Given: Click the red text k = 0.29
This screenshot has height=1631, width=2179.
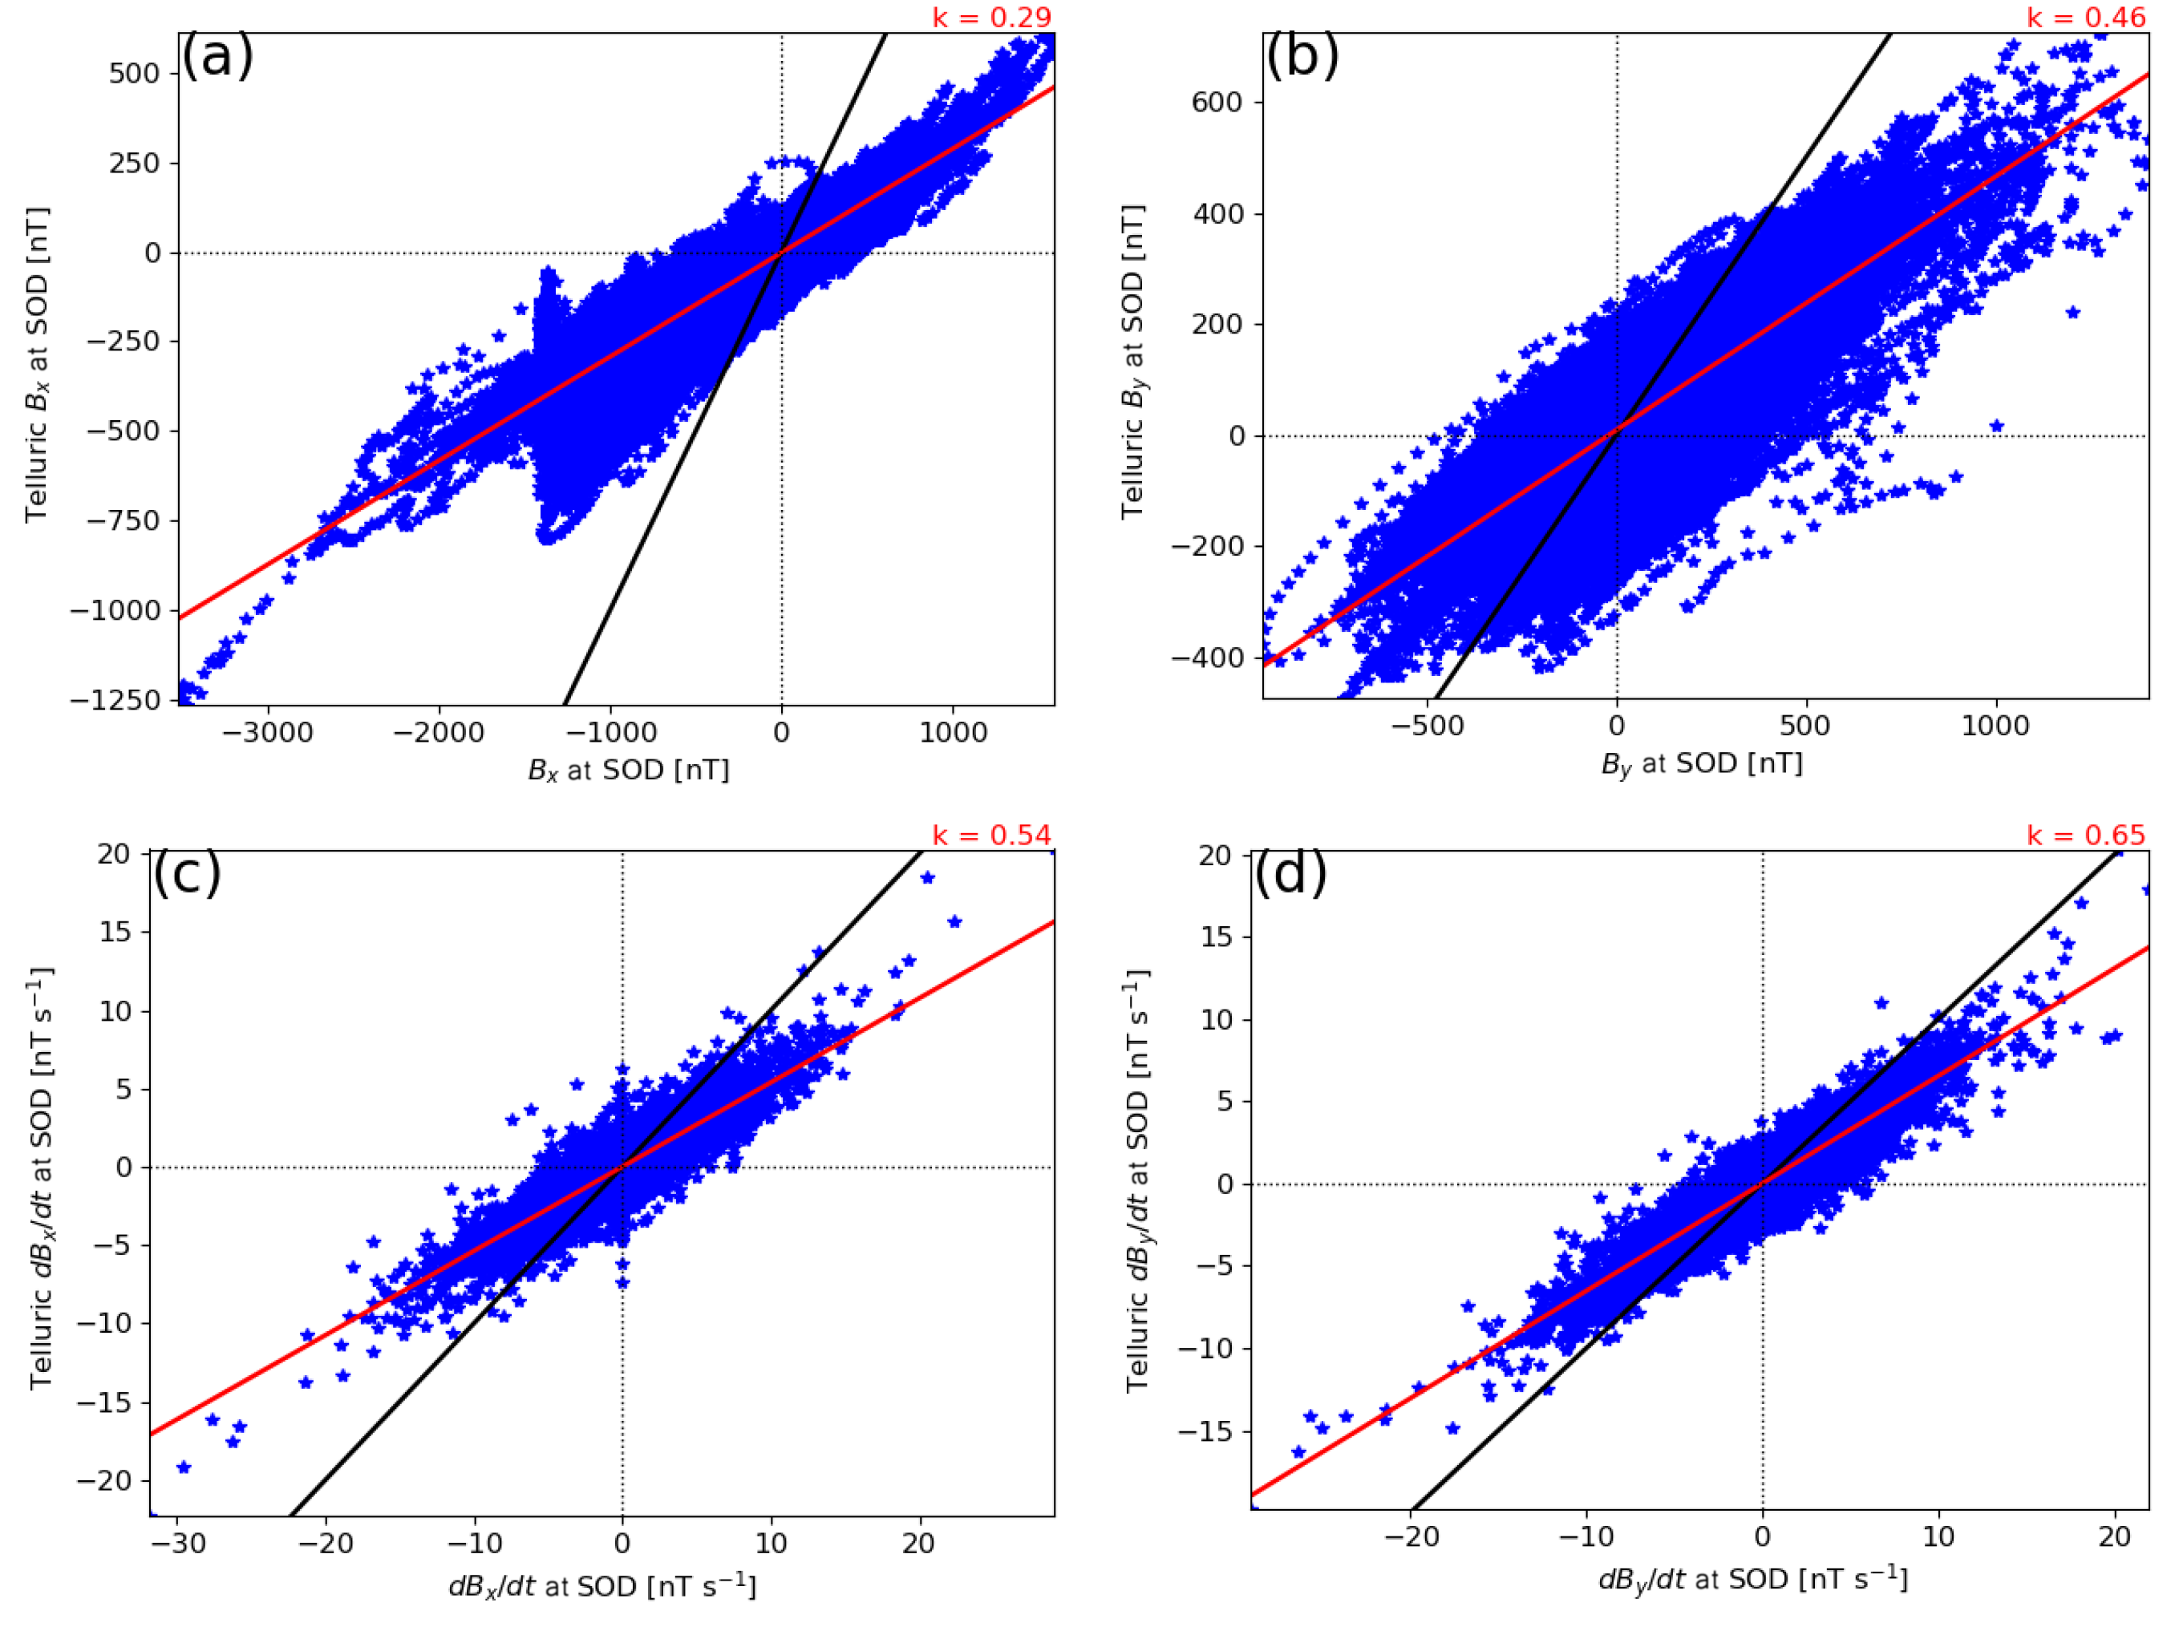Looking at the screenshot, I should point(991,18).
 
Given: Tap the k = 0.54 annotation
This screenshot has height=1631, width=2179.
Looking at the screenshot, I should point(991,836).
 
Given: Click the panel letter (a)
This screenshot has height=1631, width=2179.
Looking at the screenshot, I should point(217,56).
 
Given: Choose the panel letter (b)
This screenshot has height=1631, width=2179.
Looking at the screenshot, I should point(1302,56).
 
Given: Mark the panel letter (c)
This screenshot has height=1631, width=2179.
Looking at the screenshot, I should point(187,872).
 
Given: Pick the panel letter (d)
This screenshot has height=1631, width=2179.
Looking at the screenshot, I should point(1290,872).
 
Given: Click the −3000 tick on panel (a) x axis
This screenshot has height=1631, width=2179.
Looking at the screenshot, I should point(267,733).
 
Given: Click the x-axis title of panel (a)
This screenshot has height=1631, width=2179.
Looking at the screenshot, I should point(629,770).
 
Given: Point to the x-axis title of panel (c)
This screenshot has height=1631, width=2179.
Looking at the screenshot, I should point(601,1587).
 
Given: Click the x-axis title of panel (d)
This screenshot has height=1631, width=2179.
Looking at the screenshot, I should point(1752,1580).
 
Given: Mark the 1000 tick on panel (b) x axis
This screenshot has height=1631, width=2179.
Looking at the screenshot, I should point(1996,726).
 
